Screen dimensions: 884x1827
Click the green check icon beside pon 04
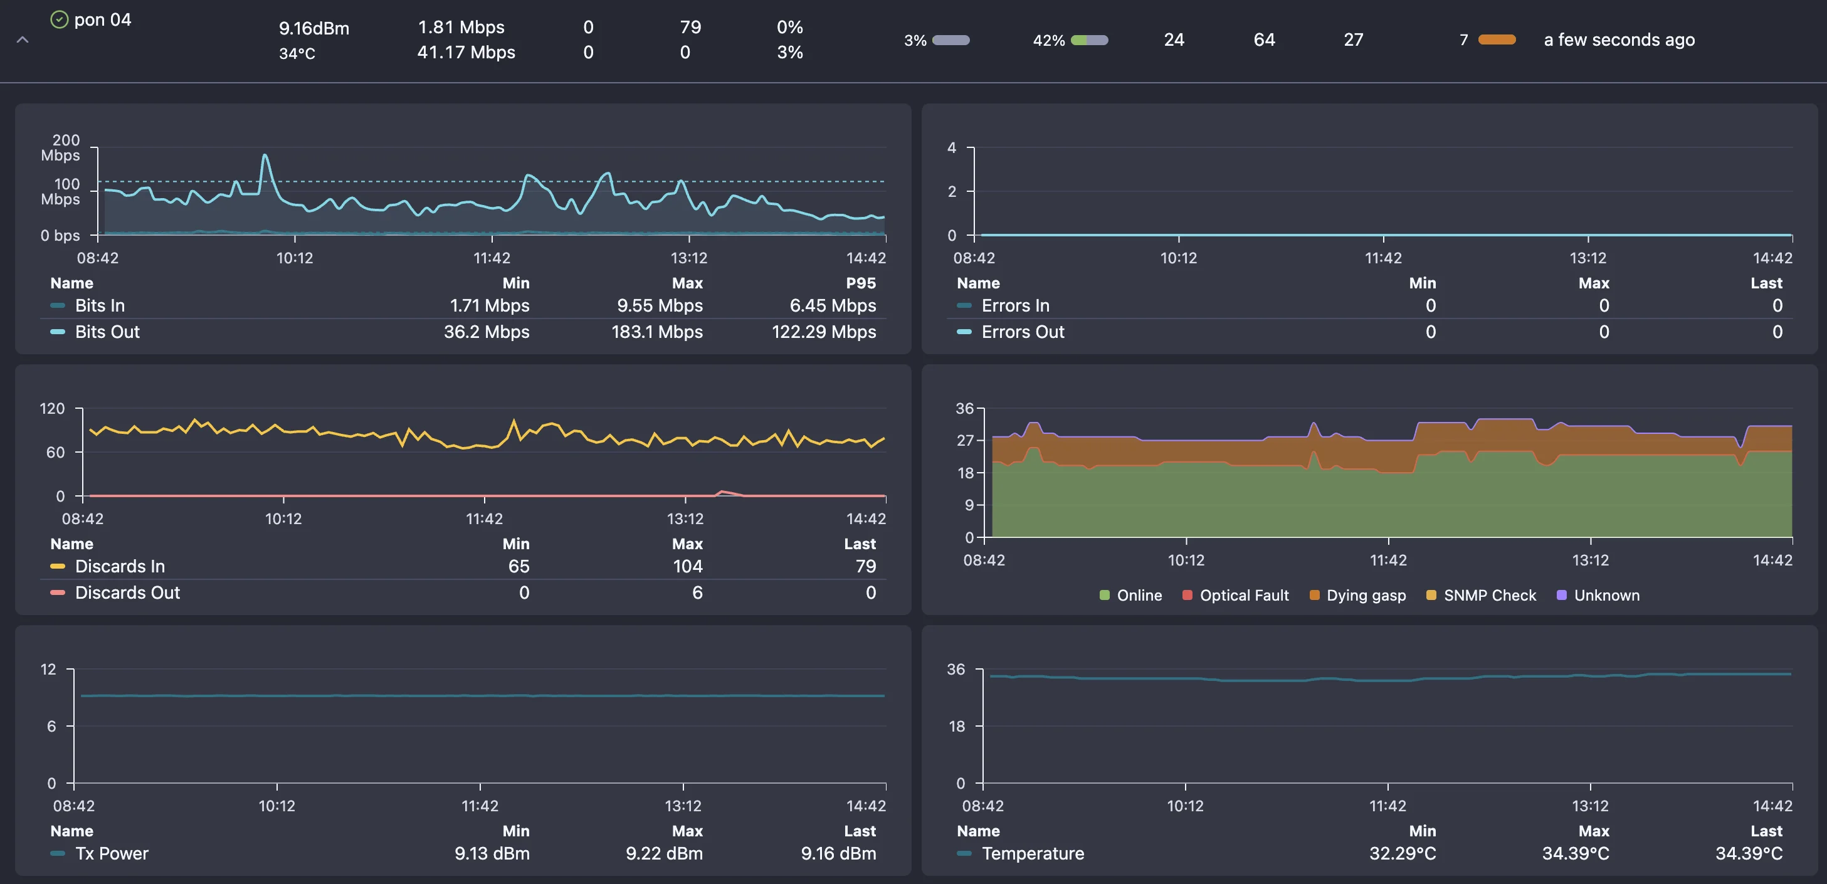pyautogui.click(x=59, y=19)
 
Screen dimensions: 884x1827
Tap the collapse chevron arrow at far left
pyautogui.click(x=23, y=39)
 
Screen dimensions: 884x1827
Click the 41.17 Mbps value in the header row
pyautogui.click(x=466, y=52)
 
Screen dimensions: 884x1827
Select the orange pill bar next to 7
pyautogui.click(x=1497, y=39)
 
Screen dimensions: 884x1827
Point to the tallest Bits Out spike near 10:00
pyautogui.click(x=265, y=155)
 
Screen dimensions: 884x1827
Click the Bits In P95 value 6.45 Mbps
pyautogui.click(x=832, y=305)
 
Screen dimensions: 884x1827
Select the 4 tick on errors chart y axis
pyautogui.click(x=952, y=147)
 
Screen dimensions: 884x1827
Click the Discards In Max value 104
pyautogui.click(x=687, y=566)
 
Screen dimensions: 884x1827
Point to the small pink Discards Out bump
pyautogui.click(x=723, y=492)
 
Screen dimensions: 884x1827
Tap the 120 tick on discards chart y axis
pyautogui.click(x=52, y=408)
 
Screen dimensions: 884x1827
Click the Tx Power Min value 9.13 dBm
pyautogui.click(x=492, y=853)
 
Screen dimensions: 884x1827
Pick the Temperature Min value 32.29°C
pyautogui.click(x=1401, y=853)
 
